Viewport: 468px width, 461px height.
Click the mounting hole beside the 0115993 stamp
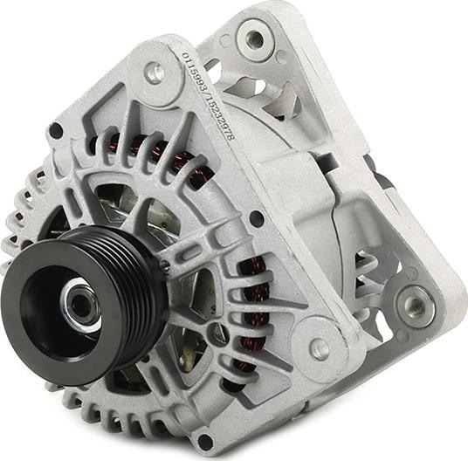155,73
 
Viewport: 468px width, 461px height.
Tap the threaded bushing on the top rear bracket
254,38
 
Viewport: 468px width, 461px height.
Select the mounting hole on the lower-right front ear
320,349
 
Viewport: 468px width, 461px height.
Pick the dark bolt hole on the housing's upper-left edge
57,131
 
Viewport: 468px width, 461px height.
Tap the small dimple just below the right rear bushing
409,340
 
